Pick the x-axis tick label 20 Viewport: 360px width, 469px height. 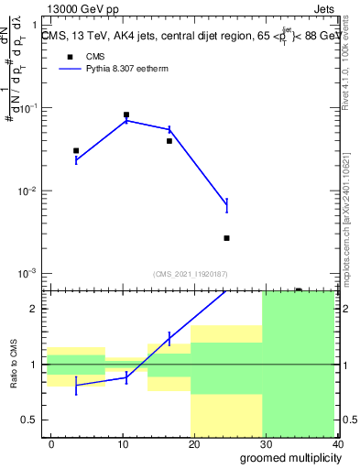[193, 443]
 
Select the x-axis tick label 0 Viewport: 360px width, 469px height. [51, 443]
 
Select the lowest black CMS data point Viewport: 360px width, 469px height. [226, 238]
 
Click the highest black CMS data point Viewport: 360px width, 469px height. [126, 115]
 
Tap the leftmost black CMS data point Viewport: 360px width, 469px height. [76, 150]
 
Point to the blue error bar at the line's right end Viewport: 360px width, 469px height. [226, 205]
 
